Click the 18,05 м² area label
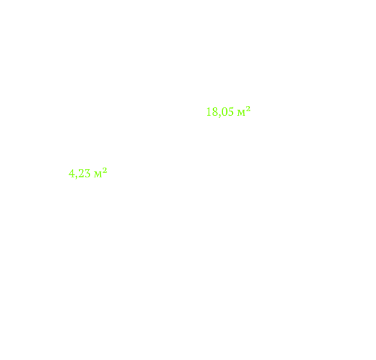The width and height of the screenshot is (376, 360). (228, 112)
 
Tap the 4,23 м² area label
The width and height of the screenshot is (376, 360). (88, 173)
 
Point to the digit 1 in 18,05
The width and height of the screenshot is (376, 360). (209, 112)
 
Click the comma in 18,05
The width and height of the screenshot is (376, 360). (219, 116)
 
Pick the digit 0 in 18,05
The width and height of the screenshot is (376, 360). (224, 112)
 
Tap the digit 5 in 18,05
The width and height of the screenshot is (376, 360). (230, 112)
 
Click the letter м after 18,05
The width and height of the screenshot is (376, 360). (241, 113)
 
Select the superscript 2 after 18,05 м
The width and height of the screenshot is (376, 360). (248, 109)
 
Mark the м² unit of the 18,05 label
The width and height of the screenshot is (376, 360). (244, 111)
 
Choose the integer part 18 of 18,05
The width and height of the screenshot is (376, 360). (212, 112)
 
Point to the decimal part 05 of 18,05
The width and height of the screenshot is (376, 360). (228, 112)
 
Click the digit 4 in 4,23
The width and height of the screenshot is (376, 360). (71, 173)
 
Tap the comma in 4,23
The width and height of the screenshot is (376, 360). (77, 177)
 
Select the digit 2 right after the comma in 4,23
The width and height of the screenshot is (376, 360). (81, 173)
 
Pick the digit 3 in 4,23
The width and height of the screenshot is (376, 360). (87, 173)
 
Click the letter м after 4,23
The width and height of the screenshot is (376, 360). (98, 175)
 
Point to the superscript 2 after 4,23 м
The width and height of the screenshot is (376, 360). (105, 170)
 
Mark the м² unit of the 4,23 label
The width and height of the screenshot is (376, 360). (101, 173)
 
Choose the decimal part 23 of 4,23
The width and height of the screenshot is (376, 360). (84, 173)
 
